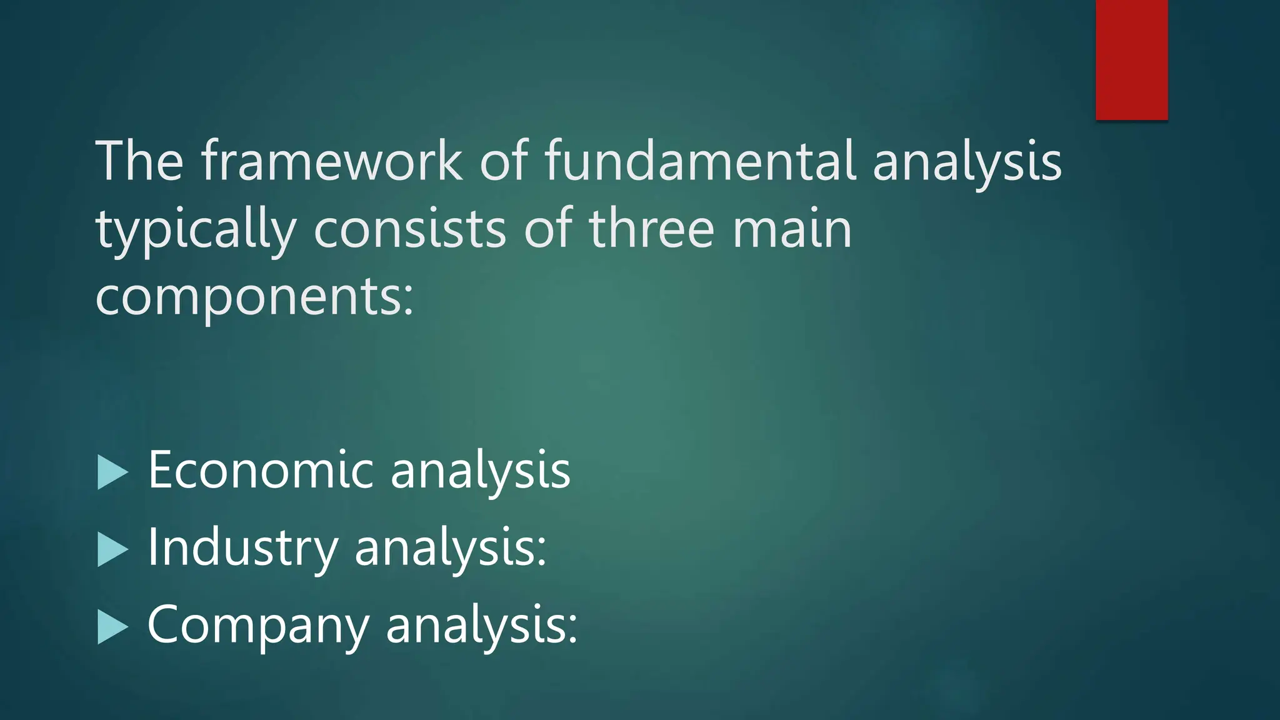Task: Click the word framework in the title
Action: (x=332, y=161)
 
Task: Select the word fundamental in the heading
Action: (x=699, y=161)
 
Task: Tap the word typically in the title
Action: (x=195, y=229)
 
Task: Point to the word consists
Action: (x=409, y=229)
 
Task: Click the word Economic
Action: (x=261, y=469)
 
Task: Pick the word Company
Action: (x=258, y=625)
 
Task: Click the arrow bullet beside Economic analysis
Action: (x=112, y=472)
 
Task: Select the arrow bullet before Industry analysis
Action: (x=112, y=550)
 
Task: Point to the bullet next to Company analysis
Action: (x=112, y=627)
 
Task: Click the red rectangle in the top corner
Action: (x=1131, y=59)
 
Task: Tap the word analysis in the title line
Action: (x=967, y=162)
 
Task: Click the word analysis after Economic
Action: (x=480, y=471)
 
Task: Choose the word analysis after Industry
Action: (x=444, y=548)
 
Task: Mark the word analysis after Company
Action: (x=476, y=626)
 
